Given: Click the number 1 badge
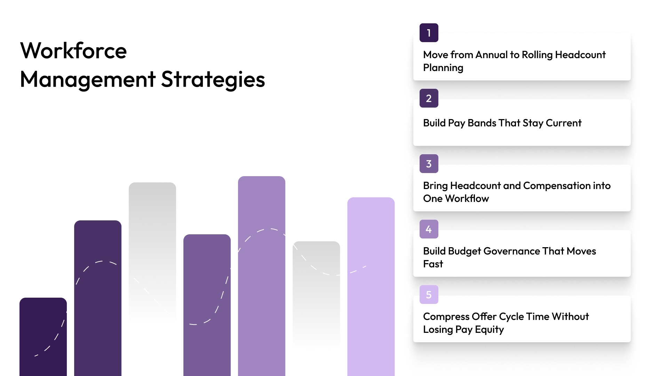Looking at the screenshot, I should (x=429, y=33).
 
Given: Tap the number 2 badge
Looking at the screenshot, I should (x=429, y=98).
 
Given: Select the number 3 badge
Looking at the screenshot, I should (x=429, y=164).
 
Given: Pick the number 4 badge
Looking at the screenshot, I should (x=429, y=229).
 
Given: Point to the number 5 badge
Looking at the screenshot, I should (x=429, y=295).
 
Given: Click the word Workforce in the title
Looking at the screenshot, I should (x=73, y=51).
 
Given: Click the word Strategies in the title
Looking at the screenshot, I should (x=213, y=79).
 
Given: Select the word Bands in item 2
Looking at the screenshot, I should (x=482, y=123).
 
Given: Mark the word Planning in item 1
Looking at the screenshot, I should (x=443, y=68).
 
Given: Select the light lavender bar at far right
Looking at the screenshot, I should (x=371, y=285).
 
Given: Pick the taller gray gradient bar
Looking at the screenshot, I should (x=152, y=244).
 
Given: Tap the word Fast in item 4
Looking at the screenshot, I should (x=433, y=264).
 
